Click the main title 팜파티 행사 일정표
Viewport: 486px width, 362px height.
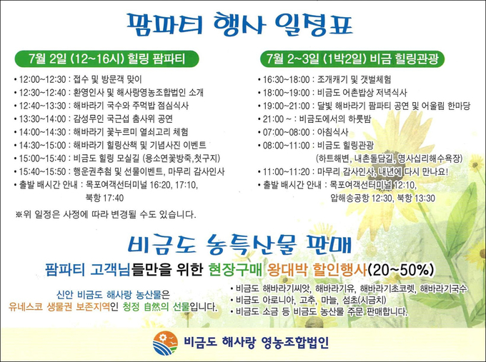click(239, 24)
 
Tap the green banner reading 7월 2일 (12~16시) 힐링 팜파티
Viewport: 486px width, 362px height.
click(106, 59)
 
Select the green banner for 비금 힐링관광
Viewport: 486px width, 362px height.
click(352, 59)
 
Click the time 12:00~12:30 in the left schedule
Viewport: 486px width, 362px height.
click(42, 79)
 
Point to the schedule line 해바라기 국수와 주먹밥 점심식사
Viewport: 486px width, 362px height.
click(131, 106)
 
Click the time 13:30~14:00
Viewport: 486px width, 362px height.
click(42, 119)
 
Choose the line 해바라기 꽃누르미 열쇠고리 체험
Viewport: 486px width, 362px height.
click(131, 132)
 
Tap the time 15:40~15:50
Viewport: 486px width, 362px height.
click(42, 171)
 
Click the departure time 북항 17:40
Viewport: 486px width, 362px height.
click(104, 198)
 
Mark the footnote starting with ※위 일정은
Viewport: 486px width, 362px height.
click(106, 214)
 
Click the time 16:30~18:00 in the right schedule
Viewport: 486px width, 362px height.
click(287, 79)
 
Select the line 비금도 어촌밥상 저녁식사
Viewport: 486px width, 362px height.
click(362, 93)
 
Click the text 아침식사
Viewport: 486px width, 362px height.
click(332, 132)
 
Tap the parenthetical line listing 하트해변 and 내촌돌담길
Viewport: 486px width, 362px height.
click(390, 159)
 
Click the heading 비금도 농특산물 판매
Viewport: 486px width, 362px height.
click(240, 244)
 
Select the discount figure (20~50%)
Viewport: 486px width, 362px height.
click(401, 271)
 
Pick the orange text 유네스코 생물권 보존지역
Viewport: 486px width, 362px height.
click(59, 307)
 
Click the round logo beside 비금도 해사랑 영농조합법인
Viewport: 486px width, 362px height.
click(165, 343)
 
